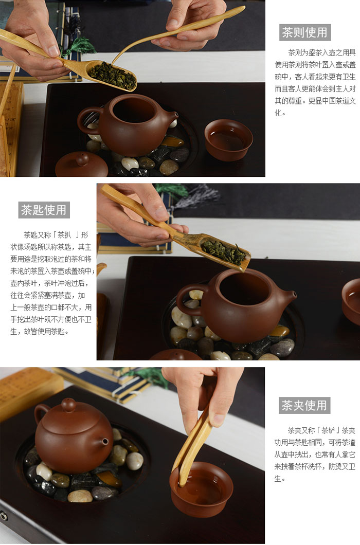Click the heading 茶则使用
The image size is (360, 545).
304,32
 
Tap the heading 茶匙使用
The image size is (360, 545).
44,210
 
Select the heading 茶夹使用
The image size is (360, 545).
304,405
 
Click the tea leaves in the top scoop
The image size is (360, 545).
112,76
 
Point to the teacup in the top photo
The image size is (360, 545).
228,140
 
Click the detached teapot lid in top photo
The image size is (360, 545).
82,165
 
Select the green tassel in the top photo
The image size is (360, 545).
77,47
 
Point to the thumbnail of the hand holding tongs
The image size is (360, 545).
218,420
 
